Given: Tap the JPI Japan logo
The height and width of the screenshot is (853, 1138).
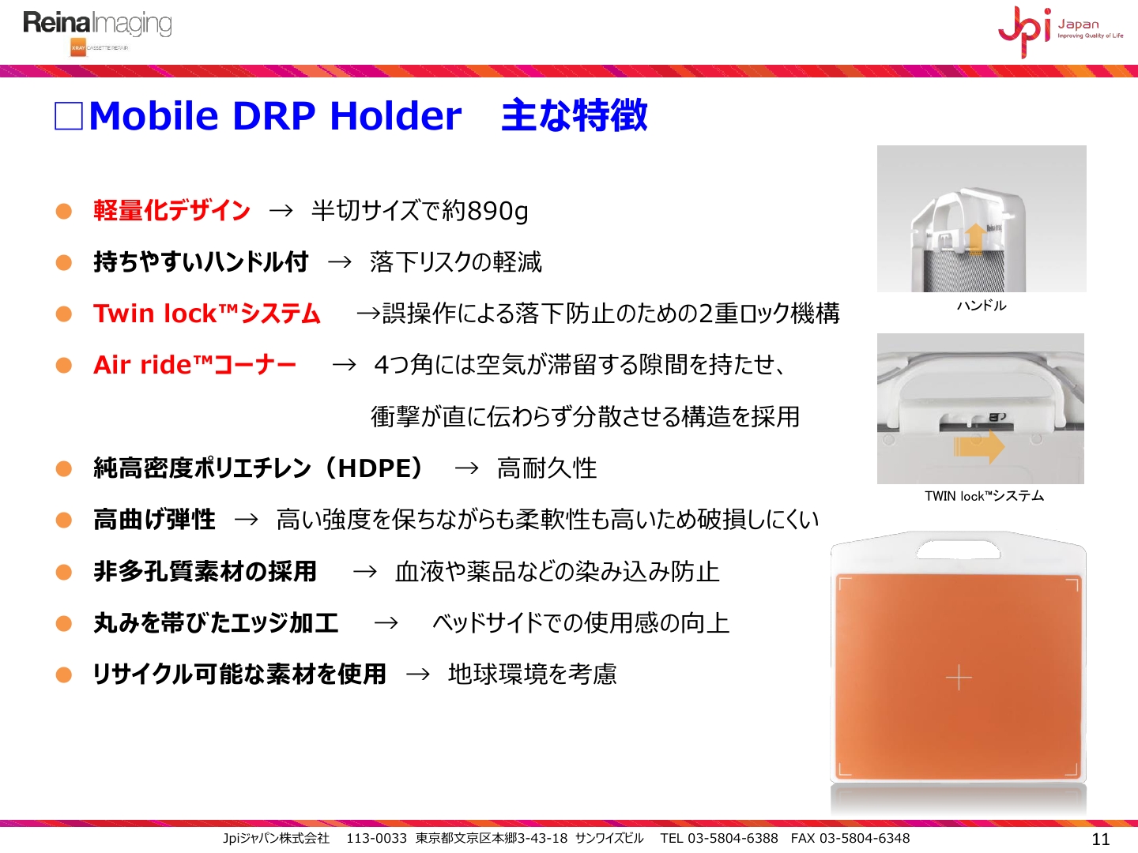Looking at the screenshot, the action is (1061, 31).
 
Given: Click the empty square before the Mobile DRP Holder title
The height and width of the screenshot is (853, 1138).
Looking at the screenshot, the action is (69, 115).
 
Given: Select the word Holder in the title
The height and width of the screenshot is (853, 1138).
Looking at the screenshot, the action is (396, 115).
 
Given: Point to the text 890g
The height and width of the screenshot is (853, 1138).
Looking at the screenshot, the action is (498, 212).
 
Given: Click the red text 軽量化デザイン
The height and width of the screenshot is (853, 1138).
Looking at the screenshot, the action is (171, 210).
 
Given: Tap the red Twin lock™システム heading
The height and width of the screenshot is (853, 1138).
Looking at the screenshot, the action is (207, 314).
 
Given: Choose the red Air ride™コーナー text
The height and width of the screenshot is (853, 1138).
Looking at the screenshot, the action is (194, 365).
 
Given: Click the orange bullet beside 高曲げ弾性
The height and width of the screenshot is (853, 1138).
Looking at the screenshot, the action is (64, 520).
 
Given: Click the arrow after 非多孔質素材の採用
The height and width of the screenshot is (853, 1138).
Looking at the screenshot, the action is (364, 572).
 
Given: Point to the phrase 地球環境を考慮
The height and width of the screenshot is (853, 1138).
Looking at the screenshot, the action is (533, 675).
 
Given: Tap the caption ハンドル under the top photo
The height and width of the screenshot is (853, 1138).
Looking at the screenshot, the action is (982, 306).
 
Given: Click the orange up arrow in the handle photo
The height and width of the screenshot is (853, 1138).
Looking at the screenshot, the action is (975, 239).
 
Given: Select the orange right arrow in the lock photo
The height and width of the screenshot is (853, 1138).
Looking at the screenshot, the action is (979, 446).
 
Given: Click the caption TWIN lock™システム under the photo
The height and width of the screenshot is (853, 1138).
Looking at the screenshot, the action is (984, 496).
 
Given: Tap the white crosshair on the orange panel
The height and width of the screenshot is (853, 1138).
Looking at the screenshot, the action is (959, 678).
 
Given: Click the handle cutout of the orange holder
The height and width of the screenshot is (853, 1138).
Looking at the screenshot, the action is (958, 550).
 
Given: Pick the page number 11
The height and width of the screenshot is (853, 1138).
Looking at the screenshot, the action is (1101, 839).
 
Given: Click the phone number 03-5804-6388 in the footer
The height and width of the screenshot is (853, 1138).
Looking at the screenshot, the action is (733, 838).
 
